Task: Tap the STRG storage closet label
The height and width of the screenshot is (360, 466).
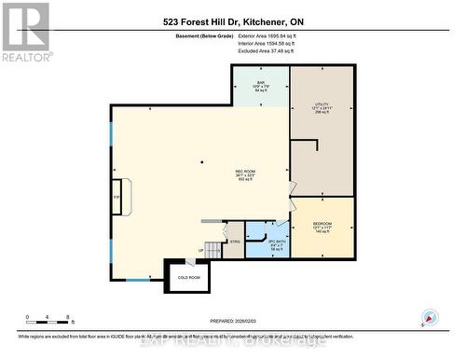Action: [235, 242]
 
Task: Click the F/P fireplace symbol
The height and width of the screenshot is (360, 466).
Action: [117, 198]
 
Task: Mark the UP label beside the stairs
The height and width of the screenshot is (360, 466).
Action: [199, 250]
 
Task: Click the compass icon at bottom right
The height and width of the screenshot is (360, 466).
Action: [430, 317]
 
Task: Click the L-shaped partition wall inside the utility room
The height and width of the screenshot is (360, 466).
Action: [308, 143]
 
